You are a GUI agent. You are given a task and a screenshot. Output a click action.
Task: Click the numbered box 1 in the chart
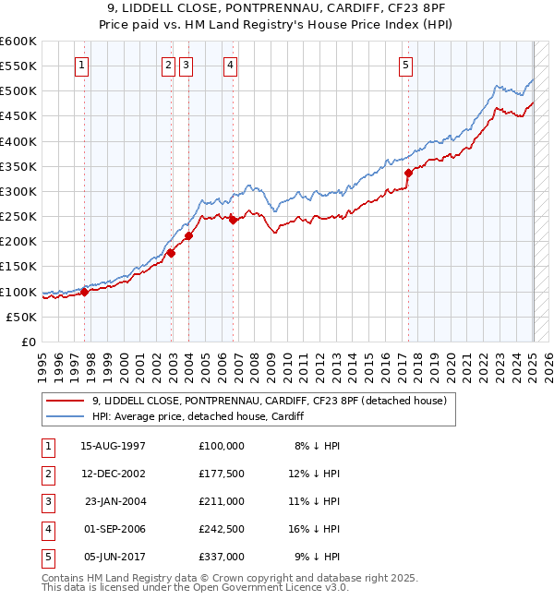[x=82, y=65]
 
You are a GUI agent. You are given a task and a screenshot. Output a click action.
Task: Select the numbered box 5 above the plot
[x=406, y=65]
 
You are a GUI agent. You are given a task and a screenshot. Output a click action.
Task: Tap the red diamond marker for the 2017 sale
[x=408, y=172]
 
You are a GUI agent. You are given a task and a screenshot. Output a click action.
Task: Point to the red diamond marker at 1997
[x=84, y=292]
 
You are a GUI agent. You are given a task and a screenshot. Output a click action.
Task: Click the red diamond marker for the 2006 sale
[x=233, y=220]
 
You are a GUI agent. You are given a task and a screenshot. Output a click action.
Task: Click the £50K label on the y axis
[x=22, y=317]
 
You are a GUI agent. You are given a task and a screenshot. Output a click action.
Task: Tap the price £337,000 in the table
[x=222, y=557]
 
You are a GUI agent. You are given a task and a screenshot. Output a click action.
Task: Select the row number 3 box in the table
[x=47, y=501]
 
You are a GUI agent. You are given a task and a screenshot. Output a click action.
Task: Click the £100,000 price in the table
[x=222, y=445]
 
